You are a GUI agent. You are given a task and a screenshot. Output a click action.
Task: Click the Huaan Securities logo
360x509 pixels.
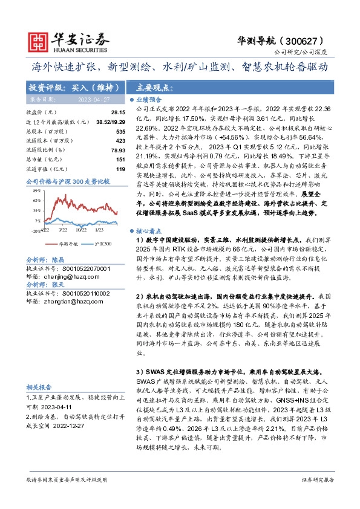pyautogui.click(x=61, y=41)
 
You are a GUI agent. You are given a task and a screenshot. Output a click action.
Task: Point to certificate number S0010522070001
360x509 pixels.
pyautogui.click(x=83, y=267)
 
